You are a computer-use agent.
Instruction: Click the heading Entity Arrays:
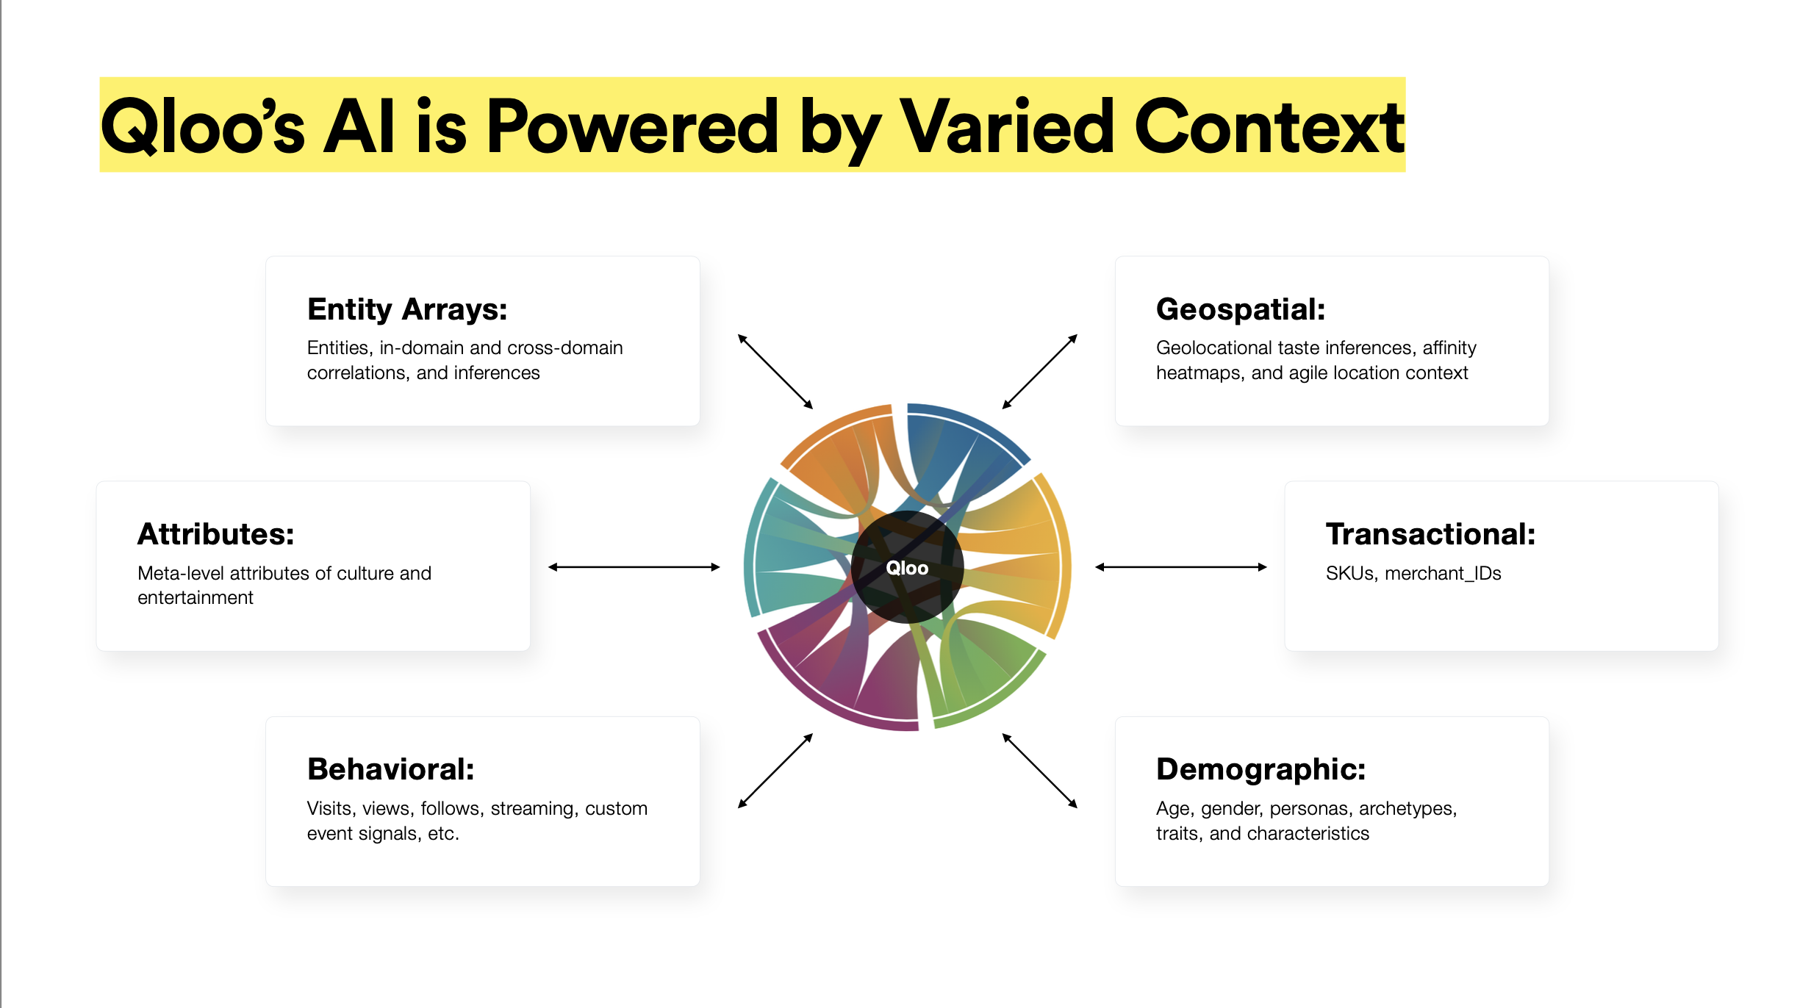point(407,310)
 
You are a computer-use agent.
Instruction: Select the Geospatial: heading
point(1241,310)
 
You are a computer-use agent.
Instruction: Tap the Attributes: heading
point(216,534)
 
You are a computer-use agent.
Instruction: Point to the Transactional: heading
point(1430,534)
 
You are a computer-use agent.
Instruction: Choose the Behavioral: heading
point(391,769)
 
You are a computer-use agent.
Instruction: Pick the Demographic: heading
point(1261,770)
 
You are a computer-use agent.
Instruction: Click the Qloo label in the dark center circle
point(907,568)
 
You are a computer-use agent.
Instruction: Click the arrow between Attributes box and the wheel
point(634,567)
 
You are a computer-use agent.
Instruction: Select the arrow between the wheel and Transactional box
point(1181,567)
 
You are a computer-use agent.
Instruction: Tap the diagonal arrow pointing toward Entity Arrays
point(775,372)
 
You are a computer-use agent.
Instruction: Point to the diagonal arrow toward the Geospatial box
point(1040,372)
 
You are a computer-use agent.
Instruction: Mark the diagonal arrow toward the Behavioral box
point(775,771)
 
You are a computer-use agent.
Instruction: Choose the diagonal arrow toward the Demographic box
point(1040,771)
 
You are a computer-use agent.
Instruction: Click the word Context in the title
point(1269,127)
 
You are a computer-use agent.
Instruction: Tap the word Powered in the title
point(632,127)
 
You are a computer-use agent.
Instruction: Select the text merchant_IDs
point(1443,574)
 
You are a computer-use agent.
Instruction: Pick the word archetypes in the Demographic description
point(1407,809)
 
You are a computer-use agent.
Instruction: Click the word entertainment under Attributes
point(195,598)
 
